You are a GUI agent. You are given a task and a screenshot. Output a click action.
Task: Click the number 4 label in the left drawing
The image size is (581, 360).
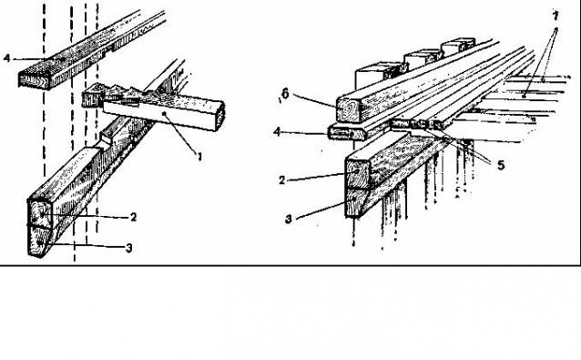pos(6,58)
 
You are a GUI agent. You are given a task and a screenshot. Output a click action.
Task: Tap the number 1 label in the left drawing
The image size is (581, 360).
pos(199,157)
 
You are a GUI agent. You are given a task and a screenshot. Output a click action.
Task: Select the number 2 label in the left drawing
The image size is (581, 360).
pos(133,217)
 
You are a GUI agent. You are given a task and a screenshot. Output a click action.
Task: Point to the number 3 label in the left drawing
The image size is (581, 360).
pos(128,248)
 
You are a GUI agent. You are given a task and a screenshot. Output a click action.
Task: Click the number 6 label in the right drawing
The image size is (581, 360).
pos(284,94)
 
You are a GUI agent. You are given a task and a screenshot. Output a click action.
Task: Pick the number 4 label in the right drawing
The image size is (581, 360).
pos(277,131)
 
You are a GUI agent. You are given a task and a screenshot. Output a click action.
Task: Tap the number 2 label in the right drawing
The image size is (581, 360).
pos(282,180)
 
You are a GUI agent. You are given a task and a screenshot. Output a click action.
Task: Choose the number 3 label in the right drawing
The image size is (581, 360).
pos(289,219)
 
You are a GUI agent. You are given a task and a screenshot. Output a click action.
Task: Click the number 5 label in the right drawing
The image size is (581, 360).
pos(501,165)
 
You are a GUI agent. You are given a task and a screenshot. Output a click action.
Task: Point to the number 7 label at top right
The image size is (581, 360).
pos(556,15)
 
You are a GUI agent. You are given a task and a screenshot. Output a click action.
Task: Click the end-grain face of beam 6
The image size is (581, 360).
pos(348,108)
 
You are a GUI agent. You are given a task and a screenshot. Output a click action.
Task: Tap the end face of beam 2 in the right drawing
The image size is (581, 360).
pos(358,173)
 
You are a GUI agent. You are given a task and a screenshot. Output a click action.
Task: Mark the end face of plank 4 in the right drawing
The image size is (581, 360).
pos(341,133)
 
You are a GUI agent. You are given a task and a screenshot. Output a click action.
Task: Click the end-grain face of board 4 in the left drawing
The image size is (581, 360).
pos(34,79)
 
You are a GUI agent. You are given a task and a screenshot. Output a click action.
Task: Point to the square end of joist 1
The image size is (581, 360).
pos(219,116)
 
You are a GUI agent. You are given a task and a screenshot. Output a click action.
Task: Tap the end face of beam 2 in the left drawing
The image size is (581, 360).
pos(41,213)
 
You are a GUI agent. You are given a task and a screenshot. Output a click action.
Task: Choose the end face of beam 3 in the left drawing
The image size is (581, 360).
pos(39,241)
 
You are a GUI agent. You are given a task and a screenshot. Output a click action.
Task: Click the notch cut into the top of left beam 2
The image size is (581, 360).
pos(107,143)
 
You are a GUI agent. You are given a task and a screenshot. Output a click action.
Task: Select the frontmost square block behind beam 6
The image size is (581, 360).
pos(374,77)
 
